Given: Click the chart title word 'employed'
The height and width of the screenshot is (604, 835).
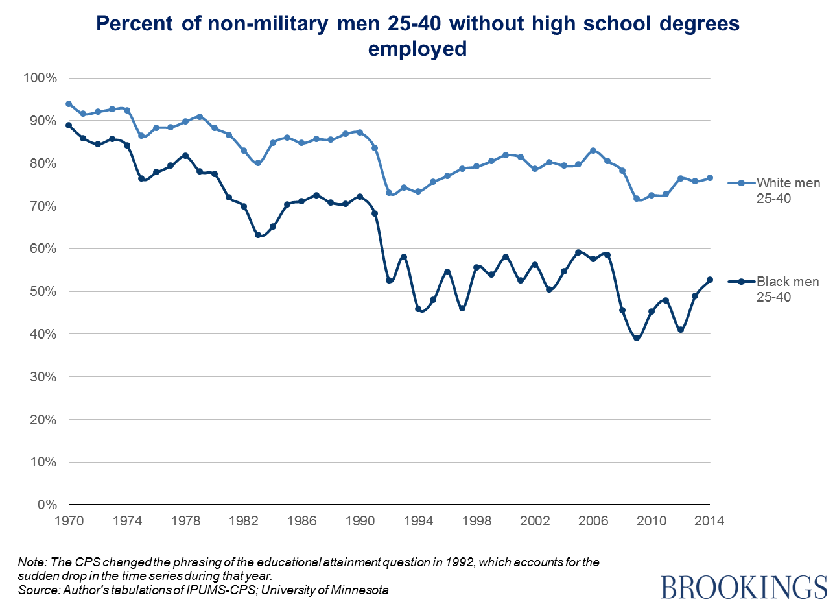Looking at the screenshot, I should pos(417,49).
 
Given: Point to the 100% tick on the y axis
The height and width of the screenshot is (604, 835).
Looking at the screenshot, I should pos(40,78).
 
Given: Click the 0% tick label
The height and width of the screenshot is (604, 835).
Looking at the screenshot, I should pos(46,505).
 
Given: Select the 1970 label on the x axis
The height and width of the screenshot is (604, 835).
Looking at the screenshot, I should pos(69,520).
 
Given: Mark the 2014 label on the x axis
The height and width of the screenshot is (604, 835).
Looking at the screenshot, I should pos(709,520).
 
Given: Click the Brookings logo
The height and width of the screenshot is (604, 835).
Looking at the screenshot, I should pos(744,586).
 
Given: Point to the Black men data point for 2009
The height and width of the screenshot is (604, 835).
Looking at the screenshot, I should pos(637,338).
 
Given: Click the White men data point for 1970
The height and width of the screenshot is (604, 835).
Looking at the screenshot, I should pos(69,104).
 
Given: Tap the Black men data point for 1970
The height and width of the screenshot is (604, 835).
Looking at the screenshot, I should pos(69,125).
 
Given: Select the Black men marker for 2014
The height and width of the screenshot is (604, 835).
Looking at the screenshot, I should pos(710,280).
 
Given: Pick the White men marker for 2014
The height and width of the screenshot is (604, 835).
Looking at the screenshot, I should pos(710,178).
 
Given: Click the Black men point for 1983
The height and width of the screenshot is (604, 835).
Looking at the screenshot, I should pos(258,235).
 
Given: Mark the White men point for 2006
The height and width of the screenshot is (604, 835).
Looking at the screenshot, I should pos(593,151).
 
